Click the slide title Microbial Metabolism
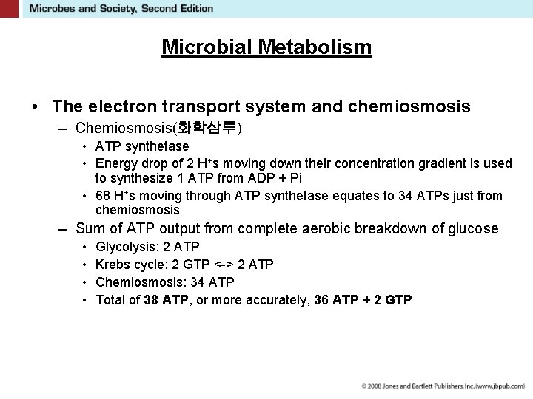(266, 47)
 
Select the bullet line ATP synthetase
(142, 146)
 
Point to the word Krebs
(113, 265)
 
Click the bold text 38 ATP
(165, 300)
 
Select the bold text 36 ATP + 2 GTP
(363, 300)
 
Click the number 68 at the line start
(104, 196)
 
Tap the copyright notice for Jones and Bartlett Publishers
(443, 386)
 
